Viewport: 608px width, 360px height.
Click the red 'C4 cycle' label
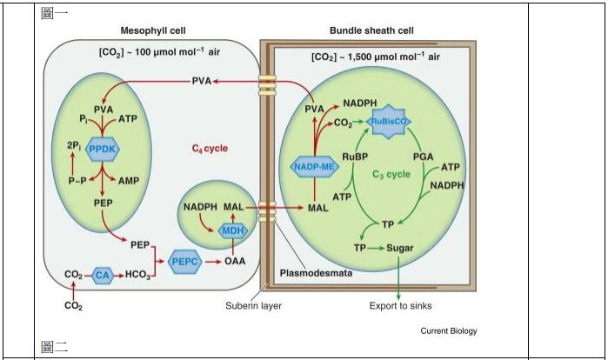pos(210,148)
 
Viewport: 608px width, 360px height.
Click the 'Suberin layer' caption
pos(253,305)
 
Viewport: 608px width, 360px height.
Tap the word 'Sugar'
pos(400,247)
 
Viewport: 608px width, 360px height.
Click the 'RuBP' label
pos(355,157)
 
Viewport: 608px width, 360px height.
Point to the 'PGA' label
pos(422,157)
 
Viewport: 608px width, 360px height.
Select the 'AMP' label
pos(128,181)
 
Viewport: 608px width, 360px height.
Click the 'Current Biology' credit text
pos(448,330)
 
